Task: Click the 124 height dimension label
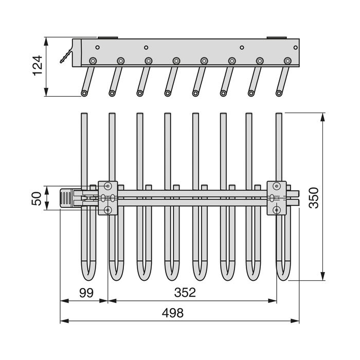(37, 66)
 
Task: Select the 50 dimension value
(37, 198)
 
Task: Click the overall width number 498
(173, 313)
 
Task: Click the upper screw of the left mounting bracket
(108, 186)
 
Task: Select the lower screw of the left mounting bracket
(108, 209)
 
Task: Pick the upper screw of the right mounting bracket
(277, 186)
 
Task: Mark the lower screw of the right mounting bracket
(277, 209)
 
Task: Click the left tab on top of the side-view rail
(105, 38)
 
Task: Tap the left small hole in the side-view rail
(146, 47)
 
